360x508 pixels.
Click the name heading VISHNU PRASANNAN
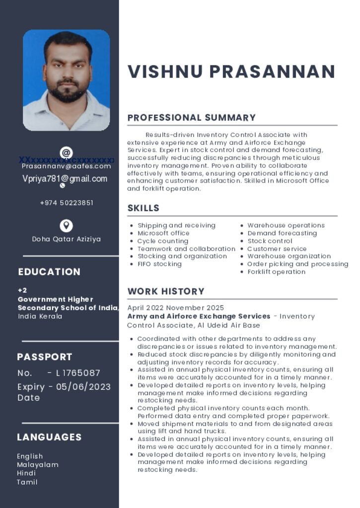tap(231, 71)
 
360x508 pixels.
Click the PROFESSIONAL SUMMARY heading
tap(191, 118)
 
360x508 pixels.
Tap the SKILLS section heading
tap(143, 208)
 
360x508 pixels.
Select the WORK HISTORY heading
tap(166, 291)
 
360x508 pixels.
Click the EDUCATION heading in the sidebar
tap(49, 272)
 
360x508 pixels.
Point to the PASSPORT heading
tap(45, 357)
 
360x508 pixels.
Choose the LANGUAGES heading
tap(49, 437)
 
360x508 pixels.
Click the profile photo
tap(66, 80)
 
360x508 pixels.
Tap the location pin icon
tap(66, 226)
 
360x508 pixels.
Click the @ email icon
tap(66, 152)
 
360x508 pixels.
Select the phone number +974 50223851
tap(67, 203)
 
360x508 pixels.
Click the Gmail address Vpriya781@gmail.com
tap(65, 179)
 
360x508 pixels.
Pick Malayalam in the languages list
tap(38, 465)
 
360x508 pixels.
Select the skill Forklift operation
tap(277, 272)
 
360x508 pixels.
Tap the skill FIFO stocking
tap(159, 264)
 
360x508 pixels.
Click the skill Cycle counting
tap(163, 241)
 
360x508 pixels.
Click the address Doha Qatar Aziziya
tap(67, 239)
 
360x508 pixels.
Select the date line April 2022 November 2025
tap(175, 308)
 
